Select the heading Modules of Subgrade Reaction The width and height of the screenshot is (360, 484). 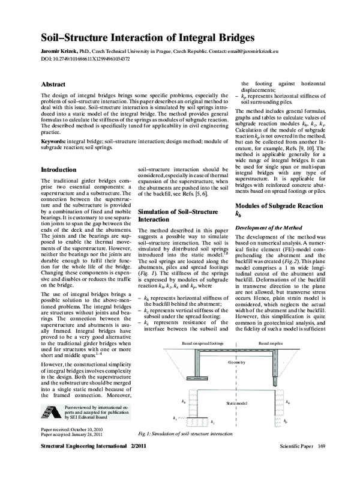pyautogui.click(x=277, y=206)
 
